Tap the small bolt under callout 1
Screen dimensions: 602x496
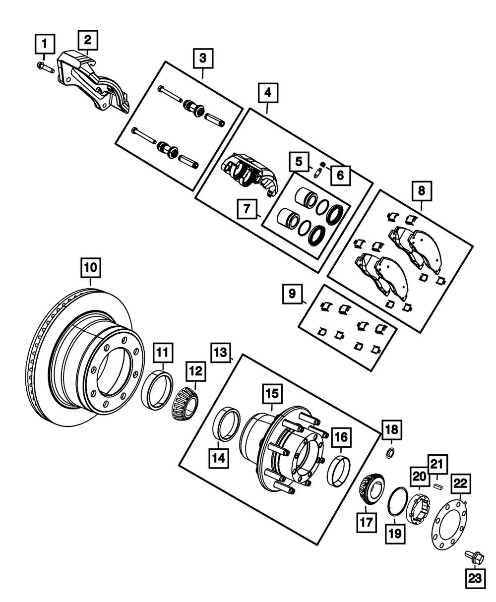[x=44, y=66]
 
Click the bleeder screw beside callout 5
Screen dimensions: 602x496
[x=316, y=172]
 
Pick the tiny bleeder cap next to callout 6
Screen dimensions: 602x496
[x=322, y=164]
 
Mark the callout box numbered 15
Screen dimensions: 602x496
[x=273, y=395]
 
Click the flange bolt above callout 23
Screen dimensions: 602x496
[x=472, y=558]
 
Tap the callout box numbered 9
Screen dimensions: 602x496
[x=292, y=294]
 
